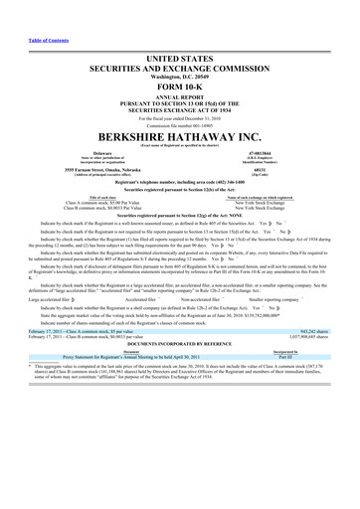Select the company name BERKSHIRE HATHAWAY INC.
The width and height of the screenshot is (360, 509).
click(x=180, y=135)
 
